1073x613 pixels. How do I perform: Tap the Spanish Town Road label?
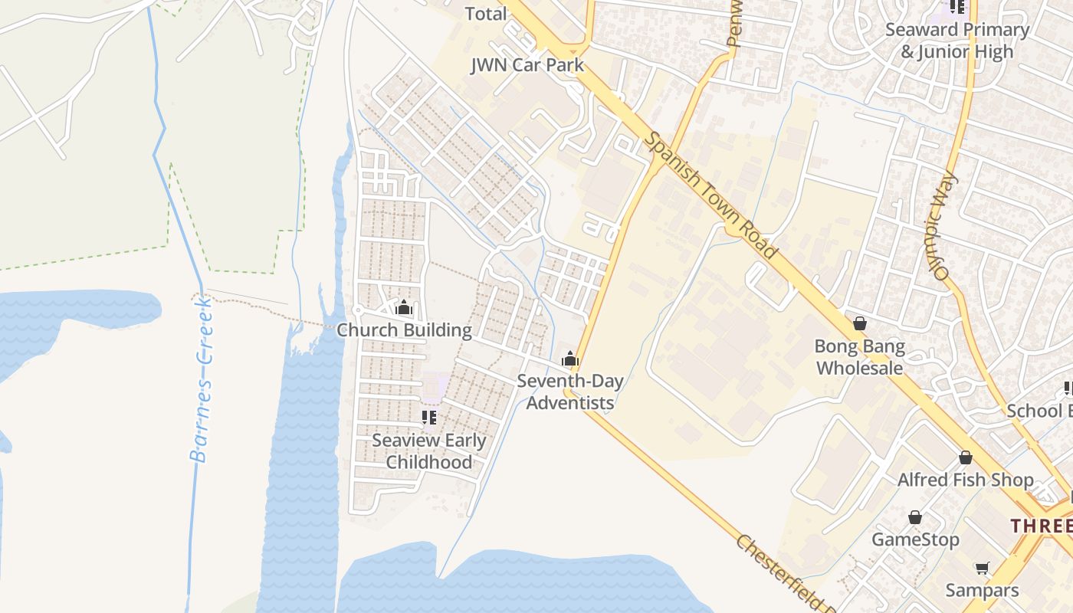click(x=710, y=195)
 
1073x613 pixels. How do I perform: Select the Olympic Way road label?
click(x=947, y=226)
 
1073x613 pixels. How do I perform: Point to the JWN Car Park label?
click(x=527, y=65)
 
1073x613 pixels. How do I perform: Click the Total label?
click(x=486, y=14)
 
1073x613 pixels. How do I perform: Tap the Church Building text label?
click(x=405, y=330)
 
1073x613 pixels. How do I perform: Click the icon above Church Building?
click(x=404, y=308)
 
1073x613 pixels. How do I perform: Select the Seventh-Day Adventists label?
click(x=569, y=392)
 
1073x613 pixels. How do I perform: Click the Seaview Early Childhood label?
click(x=429, y=451)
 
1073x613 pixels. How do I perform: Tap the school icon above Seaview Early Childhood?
click(x=429, y=418)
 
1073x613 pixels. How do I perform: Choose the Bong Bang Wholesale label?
click(x=859, y=357)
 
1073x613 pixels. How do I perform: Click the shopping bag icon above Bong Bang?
click(x=860, y=324)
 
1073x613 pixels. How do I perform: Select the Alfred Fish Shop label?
click(x=965, y=480)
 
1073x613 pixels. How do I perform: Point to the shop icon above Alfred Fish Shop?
click(x=966, y=457)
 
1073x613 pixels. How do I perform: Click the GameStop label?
click(x=915, y=539)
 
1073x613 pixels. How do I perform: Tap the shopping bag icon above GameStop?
click(x=914, y=517)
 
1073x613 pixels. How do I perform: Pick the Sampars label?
click(x=982, y=590)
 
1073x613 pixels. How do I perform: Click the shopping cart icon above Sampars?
click(x=982, y=568)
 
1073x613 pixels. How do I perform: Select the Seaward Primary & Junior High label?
click(x=957, y=41)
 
